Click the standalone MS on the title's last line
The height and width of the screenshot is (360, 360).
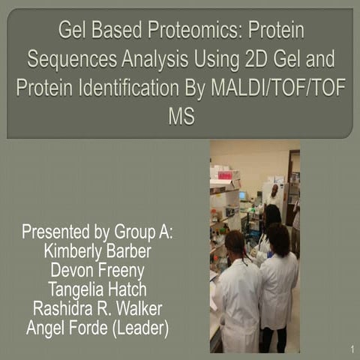point(180,116)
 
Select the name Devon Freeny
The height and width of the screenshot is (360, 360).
point(97,270)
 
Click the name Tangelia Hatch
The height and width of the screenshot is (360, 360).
point(97,289)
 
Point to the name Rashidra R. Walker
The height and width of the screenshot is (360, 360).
point(97,307)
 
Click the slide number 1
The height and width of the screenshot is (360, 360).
point(350,349)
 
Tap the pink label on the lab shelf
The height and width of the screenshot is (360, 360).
point(224,174)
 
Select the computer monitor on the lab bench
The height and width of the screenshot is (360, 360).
point(243,196)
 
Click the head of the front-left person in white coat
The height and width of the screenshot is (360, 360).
point(234,244)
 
